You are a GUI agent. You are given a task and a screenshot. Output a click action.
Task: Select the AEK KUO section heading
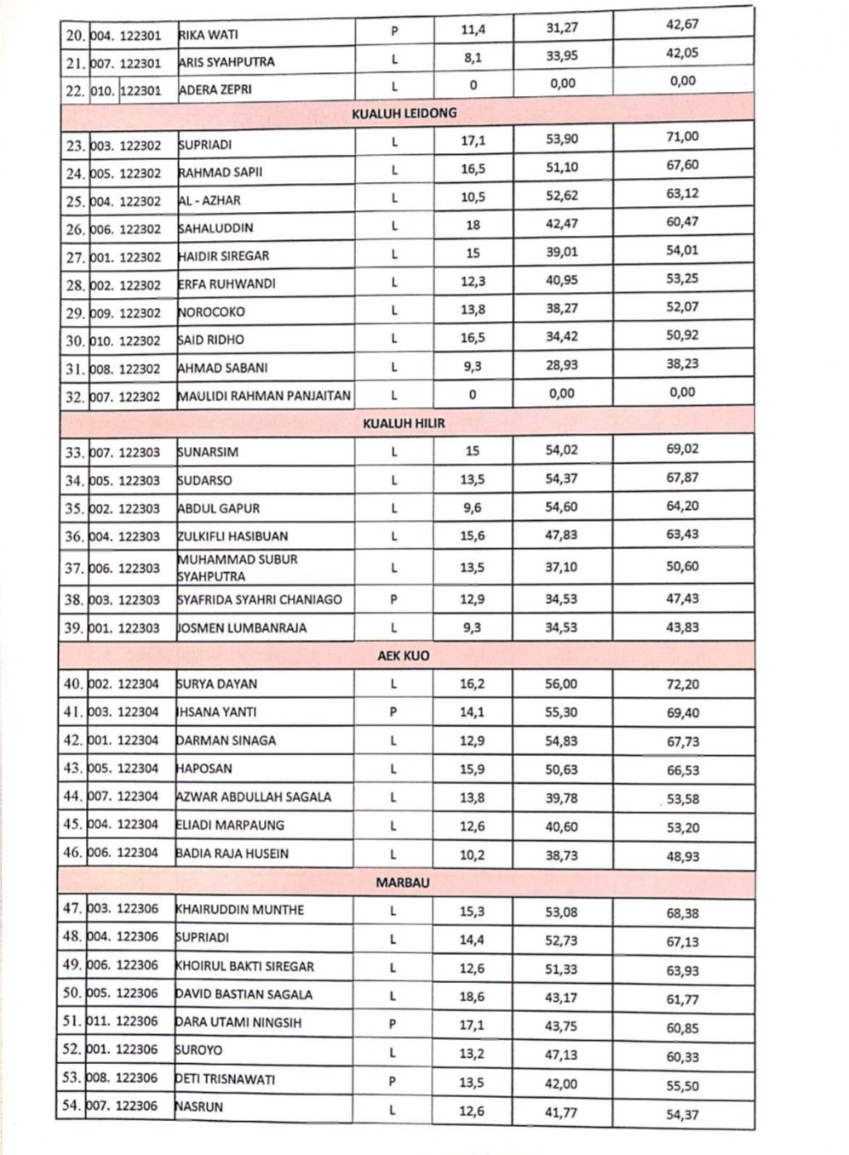[404, 657]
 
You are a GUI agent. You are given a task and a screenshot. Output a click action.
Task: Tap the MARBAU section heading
[403, 883]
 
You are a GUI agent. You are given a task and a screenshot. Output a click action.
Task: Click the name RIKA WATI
[209, 35]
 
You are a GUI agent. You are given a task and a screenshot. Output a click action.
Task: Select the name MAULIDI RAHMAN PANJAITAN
[264, 396]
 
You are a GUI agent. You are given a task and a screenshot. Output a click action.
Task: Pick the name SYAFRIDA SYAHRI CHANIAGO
[260, 599]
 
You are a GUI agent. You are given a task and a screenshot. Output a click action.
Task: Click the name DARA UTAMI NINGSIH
[238, 1022]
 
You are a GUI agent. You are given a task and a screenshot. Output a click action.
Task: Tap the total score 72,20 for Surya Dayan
[683, 684]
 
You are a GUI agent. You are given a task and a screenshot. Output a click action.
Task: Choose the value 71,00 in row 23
[683, 137]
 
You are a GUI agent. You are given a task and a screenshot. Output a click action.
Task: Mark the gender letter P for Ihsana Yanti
[393, 712]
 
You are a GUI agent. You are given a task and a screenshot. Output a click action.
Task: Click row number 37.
[75, 568]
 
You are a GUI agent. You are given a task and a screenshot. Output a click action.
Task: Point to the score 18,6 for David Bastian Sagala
[472, 995]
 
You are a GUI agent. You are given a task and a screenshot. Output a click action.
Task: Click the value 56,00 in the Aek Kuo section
[561, 684]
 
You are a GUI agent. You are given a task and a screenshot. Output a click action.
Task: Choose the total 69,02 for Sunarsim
[682, 449]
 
